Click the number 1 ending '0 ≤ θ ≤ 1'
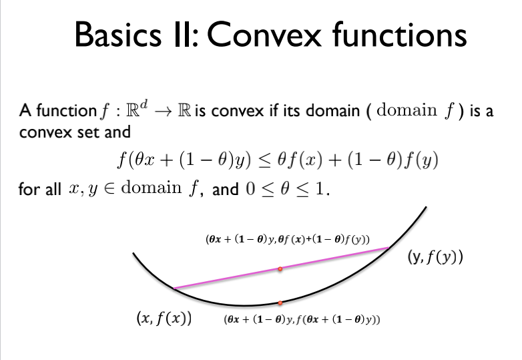click(x=324, y=190)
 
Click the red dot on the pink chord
click(x=280, y=269)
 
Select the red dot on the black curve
click(x=280, y=303)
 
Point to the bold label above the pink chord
click(x=289, y=238)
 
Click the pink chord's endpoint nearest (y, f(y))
click(x=388, y=248)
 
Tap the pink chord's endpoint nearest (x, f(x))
click(x=174, y=289)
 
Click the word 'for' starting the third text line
click(x=29, y=190)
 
